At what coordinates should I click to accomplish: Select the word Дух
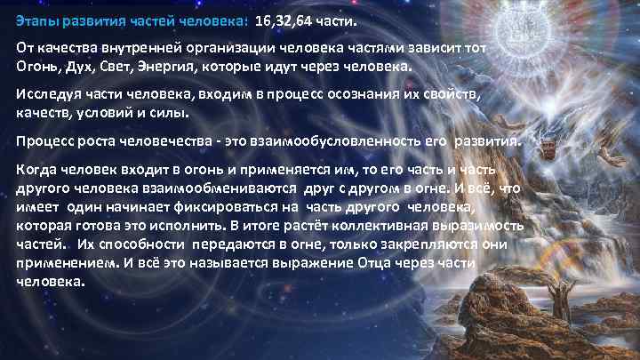82,67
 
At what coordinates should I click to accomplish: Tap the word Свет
124,67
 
